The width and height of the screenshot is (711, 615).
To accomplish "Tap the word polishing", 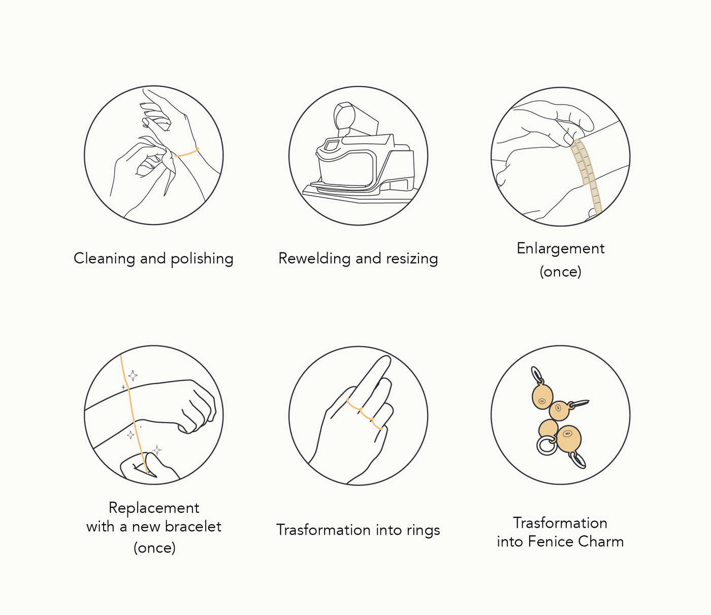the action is pyautogui.click(x=202, y=259).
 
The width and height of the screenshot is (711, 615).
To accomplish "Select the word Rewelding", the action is pyautogui.click(x=314, y=259).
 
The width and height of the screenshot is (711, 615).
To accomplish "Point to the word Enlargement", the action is pyautogui.click(x=560, y=249).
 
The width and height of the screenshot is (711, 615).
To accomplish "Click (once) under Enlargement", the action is pyautogui.click(x=560, y=272).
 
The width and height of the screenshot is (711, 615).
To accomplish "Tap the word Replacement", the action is pyautogui.click(x=154, y=508).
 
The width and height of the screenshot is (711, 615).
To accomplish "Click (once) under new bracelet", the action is pyautogui.click(x=154, y=548).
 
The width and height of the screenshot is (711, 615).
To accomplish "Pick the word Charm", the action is pyautogui.click(x=601, y=542).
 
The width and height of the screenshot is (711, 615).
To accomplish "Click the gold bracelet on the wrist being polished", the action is pyautogui.click(x=187, y=152).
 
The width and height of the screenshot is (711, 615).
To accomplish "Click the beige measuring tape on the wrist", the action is pyautogui.click(x=586, y=175).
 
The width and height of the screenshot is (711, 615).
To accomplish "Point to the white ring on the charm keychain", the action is pyautogui.click(x=546, y=445).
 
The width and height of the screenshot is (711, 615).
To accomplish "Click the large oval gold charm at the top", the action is pyautogui.click(x=542, y=397).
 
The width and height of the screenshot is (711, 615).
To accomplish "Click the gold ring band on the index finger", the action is pyautogui.click(x=353, y=405).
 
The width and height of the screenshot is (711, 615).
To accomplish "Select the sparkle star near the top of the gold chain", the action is pyautogui.click(x=133, y=375).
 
